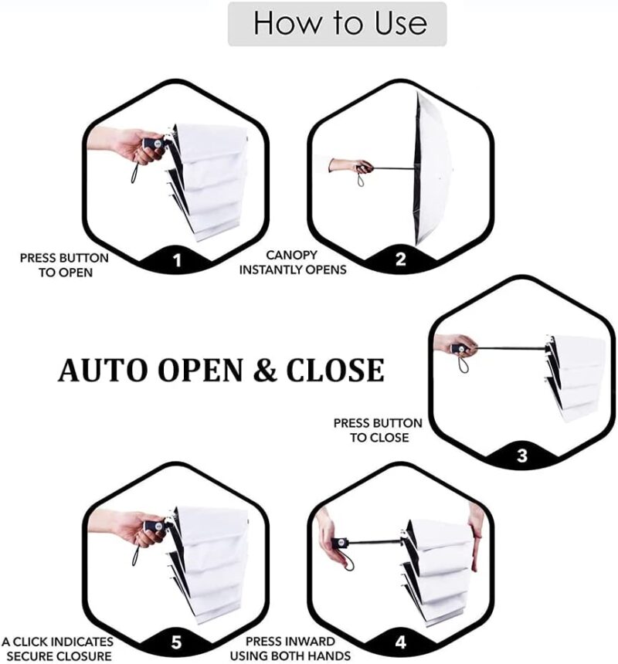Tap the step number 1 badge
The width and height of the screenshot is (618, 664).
click(177, 260)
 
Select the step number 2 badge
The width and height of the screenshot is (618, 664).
click(400, 259)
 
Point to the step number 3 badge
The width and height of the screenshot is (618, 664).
click(521, 456)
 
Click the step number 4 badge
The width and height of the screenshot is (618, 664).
click(400, 642)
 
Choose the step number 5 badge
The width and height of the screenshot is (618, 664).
click(177, 642)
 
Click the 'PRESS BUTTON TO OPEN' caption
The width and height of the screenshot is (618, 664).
click(64, 264)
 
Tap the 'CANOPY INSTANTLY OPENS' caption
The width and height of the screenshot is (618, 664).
click(293, 262)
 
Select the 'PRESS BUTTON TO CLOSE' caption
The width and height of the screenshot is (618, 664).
click(378, 430)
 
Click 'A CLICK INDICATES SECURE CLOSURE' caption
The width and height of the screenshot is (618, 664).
click(57, 649)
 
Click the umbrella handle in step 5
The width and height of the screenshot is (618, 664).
click(154, 526)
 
